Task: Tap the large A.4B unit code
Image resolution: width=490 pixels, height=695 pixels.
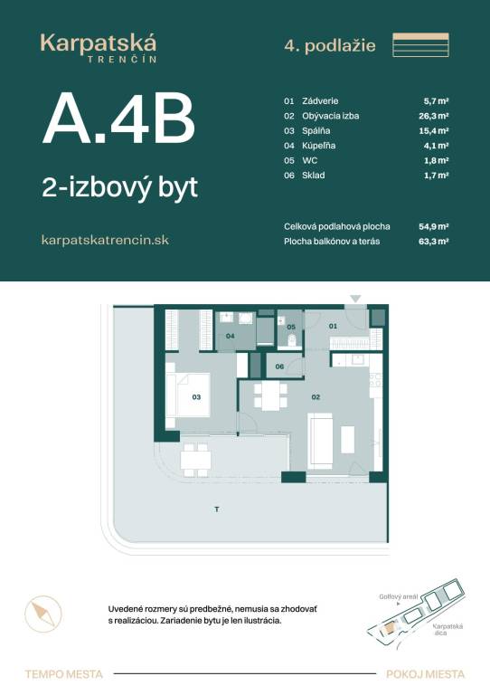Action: click(x=118, y=119)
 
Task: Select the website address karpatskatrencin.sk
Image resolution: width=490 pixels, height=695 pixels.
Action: click(x=105, y=240)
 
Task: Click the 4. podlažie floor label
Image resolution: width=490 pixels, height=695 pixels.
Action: click(x=330, y=45)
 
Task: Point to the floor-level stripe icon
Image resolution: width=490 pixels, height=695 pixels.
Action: click(x=421, y=44)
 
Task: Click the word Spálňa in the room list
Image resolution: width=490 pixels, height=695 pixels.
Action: click(x=316, y=130)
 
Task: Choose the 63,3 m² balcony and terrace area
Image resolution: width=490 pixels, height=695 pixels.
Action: click(x=434, y=242)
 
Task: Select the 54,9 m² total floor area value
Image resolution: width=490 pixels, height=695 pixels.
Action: click(x=434, y=226)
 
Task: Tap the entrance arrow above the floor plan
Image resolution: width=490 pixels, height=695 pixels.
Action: click(x=356, y=299)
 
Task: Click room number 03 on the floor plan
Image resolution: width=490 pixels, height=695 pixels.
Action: click(x=196, y=397)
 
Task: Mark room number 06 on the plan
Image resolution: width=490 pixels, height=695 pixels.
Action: click(x=279, y=367)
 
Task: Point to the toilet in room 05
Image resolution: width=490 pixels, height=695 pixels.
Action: click(x=293, y=341)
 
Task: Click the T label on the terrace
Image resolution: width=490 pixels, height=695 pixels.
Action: click(x=217, y=509)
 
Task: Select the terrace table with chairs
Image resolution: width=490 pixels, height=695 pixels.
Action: click(x=195, y=460)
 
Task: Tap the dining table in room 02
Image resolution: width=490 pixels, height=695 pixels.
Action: click(x=270, y=396)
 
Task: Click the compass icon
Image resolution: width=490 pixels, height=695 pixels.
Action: click(x=42, y=614)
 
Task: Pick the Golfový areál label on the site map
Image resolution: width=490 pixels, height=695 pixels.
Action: click(x=399, y=596)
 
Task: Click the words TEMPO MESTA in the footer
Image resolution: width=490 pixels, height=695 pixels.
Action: click(x=64, y=674)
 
